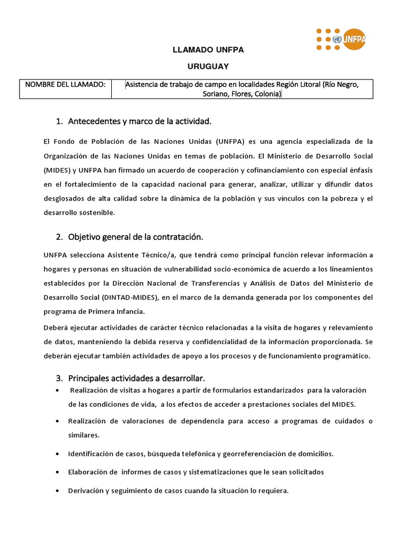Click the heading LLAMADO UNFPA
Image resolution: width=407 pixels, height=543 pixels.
[x=200, y=50]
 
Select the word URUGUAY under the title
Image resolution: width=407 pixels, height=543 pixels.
[x=200, y=66]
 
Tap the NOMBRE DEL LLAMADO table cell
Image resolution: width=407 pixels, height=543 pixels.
[x=65, y=85]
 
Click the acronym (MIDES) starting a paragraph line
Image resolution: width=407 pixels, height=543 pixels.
[x=56, y=170]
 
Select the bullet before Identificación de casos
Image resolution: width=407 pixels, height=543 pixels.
[x=57, y=454]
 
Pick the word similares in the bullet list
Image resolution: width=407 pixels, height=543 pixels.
[x=84, y=435]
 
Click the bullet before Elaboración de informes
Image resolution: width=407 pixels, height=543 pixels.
[x=57, y=472]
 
